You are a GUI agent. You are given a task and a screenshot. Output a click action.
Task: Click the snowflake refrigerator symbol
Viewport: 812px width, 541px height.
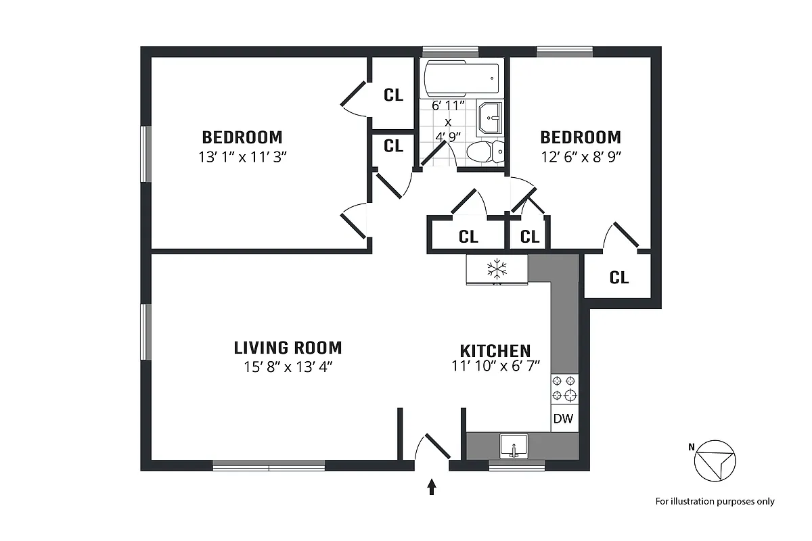pos(497,268)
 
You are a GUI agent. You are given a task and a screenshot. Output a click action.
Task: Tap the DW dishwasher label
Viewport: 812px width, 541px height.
pos(563,419)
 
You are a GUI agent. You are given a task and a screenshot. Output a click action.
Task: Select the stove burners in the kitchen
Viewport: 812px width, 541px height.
pos(564,388)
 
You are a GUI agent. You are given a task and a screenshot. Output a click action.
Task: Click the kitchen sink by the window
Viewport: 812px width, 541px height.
pos(514,447)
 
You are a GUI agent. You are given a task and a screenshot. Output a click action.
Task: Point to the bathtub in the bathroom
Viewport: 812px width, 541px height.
pos(461,79)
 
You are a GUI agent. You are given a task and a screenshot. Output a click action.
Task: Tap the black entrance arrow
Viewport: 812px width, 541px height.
pos(432,487)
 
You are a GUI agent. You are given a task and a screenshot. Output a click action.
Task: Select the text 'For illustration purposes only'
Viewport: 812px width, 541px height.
pos(715,501)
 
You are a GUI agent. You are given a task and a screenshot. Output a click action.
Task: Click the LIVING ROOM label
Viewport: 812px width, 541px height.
pos(288,348)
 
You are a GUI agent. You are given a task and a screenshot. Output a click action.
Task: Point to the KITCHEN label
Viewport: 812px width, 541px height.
pos(495,351)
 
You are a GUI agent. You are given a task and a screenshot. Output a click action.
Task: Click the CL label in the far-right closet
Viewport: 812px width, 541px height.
pos(619,277)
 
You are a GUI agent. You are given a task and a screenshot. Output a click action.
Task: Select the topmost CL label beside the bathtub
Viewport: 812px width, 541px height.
pos(393,95)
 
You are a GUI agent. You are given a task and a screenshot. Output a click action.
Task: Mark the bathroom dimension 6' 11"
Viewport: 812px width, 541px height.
pos(447,105)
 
